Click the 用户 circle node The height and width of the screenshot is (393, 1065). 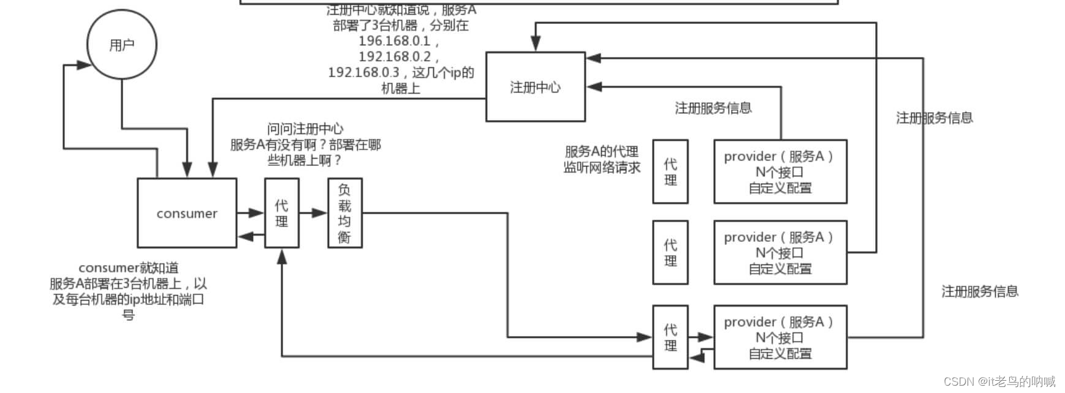tap(122, 45)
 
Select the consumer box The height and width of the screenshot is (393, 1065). tap(187, 213)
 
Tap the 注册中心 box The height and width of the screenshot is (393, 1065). tap(535, 87)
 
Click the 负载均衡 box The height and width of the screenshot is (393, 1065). tap(344, 213)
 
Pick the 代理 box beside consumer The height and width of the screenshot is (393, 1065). tap(281, 213)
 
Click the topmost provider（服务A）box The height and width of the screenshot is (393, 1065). tap(779, 171)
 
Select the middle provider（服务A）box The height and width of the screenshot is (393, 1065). tap(779, 252)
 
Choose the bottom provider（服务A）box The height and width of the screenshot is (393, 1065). tap(779, 337)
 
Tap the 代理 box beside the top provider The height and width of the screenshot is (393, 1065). tap(670, 171)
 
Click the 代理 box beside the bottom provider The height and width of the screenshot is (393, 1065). tap(670, 337)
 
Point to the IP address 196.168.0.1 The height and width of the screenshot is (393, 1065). tap(395, 41)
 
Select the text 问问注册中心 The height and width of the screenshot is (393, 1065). tap(305, 129)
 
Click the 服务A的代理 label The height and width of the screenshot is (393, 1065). tap(601, 151)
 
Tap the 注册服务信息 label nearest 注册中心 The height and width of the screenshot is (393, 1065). tap(713, 108)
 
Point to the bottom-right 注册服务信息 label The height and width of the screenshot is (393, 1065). tap(979, 291)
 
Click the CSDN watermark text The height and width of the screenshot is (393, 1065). tap(999, 381)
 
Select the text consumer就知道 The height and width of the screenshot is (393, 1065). tap(129, 268)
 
